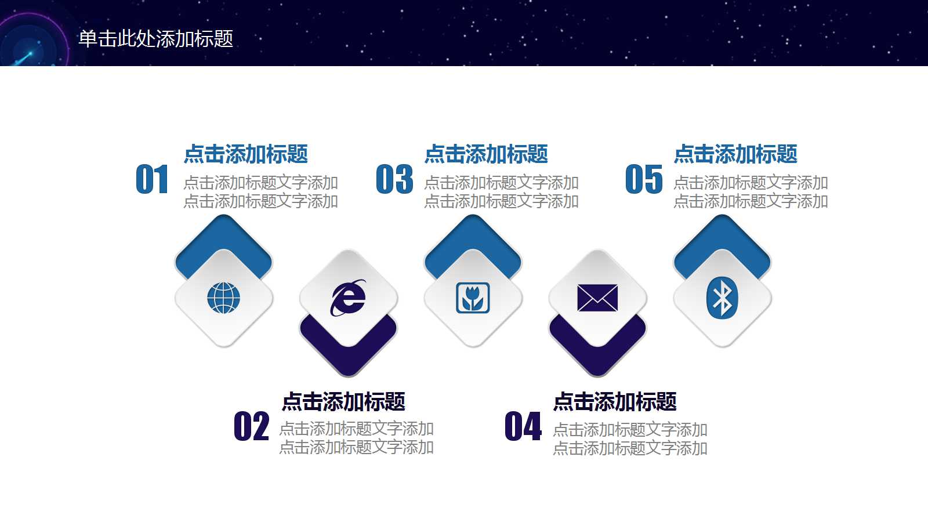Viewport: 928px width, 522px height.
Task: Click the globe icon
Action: [x=223, y=298]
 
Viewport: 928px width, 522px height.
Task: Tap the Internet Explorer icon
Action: [x=348, y=298]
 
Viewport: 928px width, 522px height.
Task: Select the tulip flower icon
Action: [x=473, y=298]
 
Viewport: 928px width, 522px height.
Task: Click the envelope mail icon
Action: [x=597, y=298]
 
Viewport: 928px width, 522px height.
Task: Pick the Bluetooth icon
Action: [x=722, y=298]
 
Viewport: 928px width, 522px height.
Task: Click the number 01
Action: [x=152, y=179]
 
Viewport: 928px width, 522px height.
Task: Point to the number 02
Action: [x=251, y=427]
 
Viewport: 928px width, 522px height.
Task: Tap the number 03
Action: [x=394, y=179]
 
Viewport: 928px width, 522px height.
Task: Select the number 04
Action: [x=523, y=427]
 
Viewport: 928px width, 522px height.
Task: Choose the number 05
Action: [x=644, y=179]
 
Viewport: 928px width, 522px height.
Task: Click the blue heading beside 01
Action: [x=246, y=154]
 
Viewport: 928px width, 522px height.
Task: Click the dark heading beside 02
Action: [x=343, y=401]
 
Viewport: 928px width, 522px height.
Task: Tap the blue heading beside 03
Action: [x=486, y=154]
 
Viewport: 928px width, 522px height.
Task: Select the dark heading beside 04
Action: [x=615, y=401]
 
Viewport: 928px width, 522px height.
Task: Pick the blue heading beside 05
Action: [x=735, y=154]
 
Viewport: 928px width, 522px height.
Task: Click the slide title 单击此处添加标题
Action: [x=155, y=39]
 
